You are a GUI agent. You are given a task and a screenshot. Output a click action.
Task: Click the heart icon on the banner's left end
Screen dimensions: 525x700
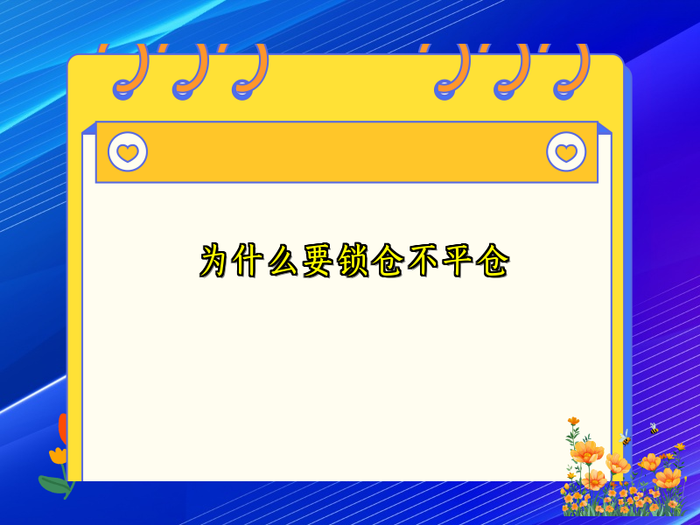click(x=128, y=152)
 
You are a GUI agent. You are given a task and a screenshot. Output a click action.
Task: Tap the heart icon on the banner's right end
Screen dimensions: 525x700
click(x=566, y=152)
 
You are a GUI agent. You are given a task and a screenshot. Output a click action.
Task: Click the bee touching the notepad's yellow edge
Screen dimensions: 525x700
click(x=626, y=437)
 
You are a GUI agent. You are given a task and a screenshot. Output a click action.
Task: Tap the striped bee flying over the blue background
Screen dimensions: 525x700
click(x=654, y=429)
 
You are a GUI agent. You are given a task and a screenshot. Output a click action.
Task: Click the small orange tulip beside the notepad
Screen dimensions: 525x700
click(x=58, y=455)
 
